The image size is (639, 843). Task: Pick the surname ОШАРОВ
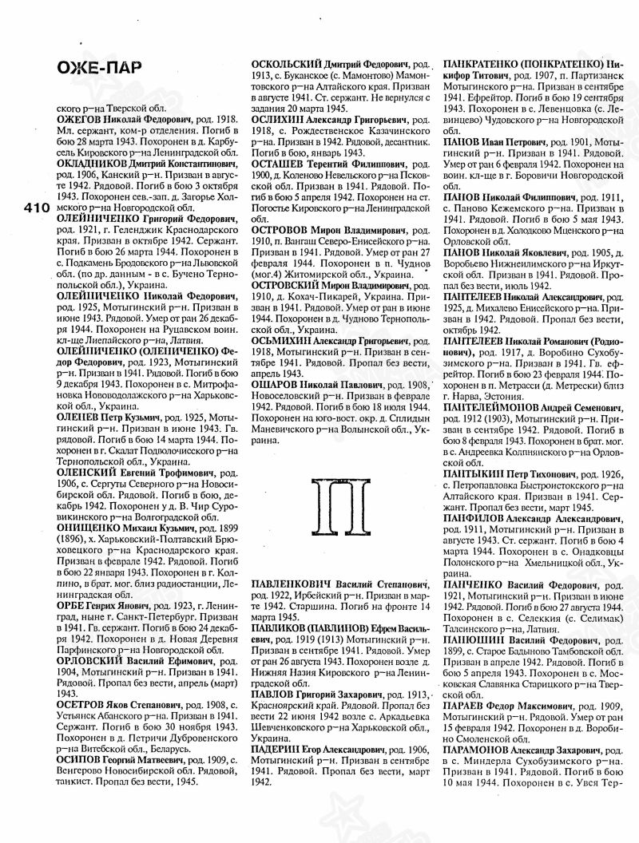[277, 384]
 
